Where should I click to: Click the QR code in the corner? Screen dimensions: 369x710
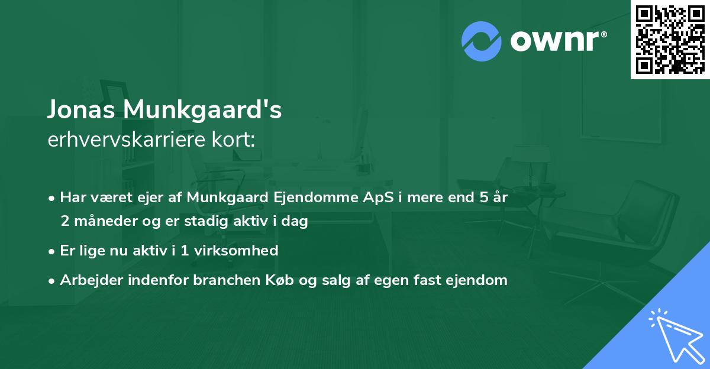670,39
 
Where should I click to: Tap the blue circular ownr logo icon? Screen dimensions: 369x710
482,41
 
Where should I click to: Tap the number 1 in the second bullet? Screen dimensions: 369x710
185,250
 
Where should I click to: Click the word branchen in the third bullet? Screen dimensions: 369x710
221,280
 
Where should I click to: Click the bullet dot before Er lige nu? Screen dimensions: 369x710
52,251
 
